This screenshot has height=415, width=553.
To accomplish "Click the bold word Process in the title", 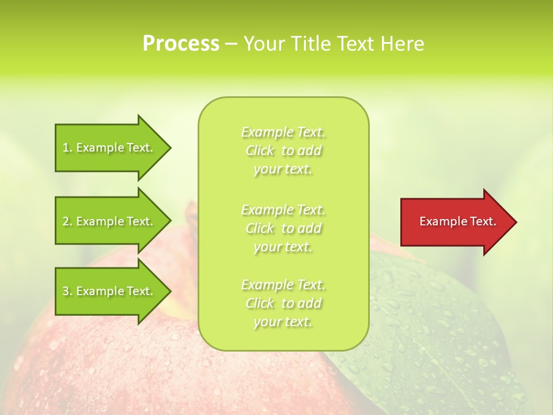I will [x=181, y=43].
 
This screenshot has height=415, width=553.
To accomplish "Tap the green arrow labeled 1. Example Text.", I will [x=109, y=148].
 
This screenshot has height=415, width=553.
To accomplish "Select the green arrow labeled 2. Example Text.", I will [x=109, y=221].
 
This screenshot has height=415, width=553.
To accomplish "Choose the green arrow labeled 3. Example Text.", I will [x=109, y=291].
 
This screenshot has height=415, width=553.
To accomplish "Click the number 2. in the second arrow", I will [x=67, y=221].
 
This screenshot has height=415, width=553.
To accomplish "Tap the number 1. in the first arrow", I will [x=67, y=148].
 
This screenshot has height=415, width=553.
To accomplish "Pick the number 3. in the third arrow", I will [x=67, y=291].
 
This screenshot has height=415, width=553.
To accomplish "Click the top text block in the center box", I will [x=283, y=150].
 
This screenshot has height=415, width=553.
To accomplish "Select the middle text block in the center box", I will [x=283, y=228].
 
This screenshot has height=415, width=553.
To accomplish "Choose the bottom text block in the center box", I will [x=283, y=303].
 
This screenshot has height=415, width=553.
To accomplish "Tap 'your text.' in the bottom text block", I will [x=283, y=322].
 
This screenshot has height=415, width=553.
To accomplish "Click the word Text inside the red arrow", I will [x=482, y=221].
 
